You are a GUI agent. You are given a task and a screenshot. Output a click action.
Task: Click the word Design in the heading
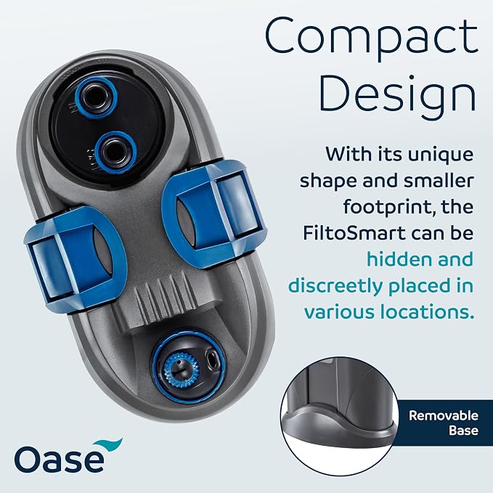tap(398, 94)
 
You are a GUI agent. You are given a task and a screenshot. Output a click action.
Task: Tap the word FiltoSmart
tap(354, 233)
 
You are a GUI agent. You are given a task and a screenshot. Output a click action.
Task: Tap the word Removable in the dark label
tap(444, 415)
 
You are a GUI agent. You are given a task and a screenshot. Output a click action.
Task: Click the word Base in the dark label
tap(463, 430)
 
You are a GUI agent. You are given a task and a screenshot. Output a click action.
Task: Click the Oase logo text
tap(59, 459)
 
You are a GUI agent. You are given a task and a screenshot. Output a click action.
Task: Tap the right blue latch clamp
tap(214, 213)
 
